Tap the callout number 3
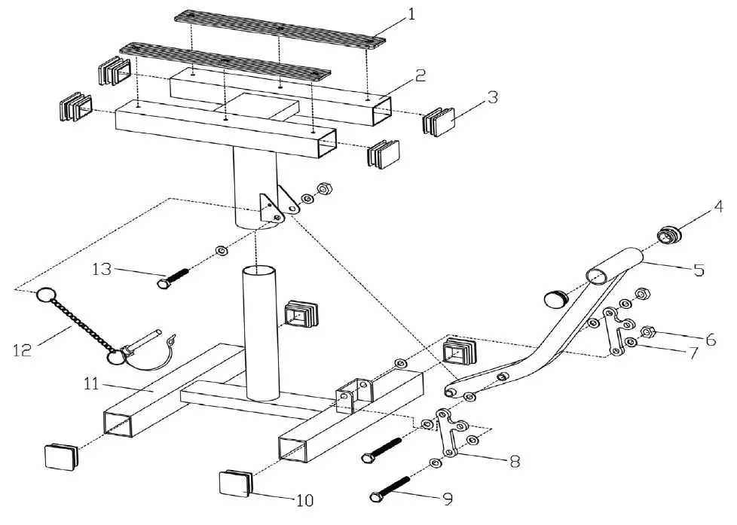click(x=491, y=98)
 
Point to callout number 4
click(x=719, y=205)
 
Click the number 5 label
click(x=699, y=269)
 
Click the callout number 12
click(x=23, y=349)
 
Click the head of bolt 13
click(x=164, y=284)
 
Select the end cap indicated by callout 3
click(x=437, y=123)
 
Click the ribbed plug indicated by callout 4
click(x=669, y=234)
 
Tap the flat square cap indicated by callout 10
click(x=234, y=483)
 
